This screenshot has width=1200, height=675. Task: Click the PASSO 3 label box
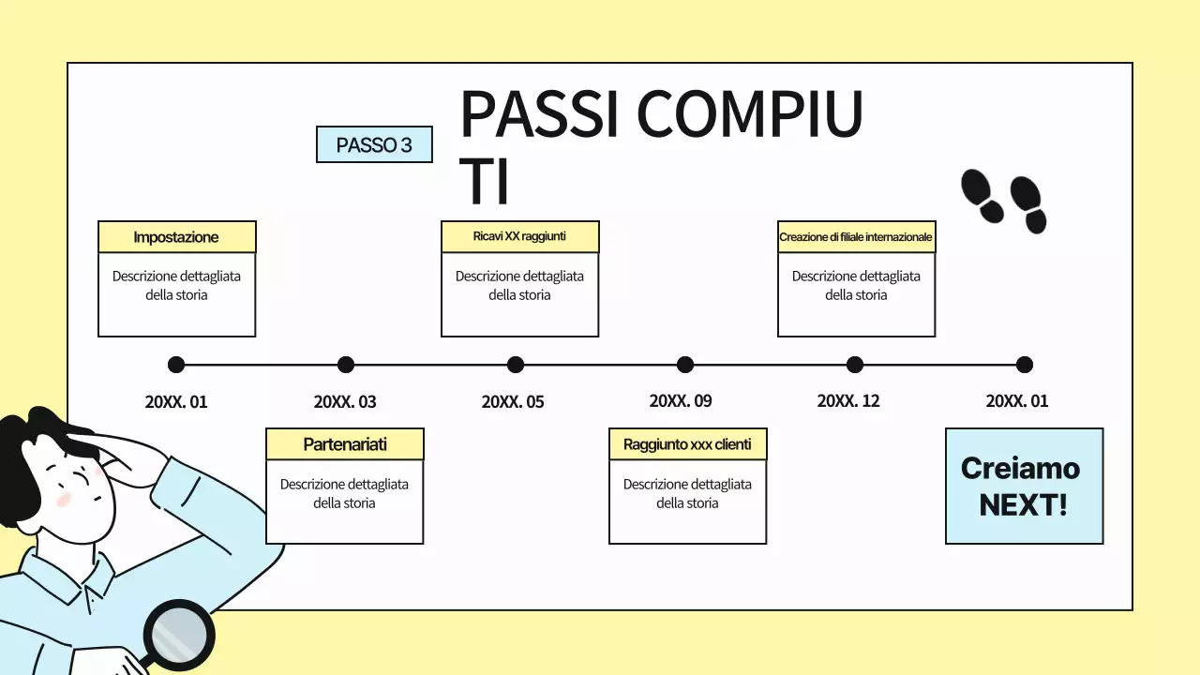374,144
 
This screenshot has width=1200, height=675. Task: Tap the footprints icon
1003,201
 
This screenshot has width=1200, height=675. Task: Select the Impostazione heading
176,237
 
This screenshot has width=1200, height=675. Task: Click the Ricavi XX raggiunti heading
519,236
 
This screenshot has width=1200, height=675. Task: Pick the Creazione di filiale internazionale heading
856,237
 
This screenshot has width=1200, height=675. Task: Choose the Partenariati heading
345,444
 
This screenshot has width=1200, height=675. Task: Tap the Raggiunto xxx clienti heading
687,444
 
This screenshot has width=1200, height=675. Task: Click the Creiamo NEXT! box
1024,486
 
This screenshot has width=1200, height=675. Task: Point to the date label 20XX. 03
345,402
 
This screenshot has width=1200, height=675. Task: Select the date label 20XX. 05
513,402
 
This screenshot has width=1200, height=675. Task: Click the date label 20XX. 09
681,401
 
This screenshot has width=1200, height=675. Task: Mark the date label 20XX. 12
848,401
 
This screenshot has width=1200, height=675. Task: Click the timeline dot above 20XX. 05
516,365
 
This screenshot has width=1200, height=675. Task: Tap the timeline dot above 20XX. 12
855,365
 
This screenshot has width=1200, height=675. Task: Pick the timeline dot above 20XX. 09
685,365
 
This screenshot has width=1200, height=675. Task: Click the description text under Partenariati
344,493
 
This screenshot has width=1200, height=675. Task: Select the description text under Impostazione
176,285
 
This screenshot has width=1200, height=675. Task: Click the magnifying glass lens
179,635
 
